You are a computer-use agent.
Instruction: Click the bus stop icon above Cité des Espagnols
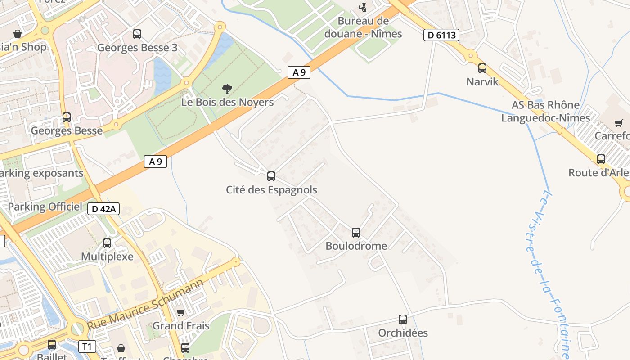click(271, 176)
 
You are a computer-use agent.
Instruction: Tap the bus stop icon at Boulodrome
click(356, 232)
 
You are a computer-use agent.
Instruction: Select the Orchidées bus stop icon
click(403, 319)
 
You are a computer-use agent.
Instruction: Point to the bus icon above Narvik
click(482, 68)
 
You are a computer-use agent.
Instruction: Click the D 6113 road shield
click(441, 35)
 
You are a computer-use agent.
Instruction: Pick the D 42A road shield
click(103, 209)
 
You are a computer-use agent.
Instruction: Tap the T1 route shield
click(87, 346)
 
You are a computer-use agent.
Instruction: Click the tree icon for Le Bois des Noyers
click(227, 89)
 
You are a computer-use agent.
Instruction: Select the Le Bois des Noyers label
click(227, 102)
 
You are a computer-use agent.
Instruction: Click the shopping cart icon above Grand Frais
click(181, 312)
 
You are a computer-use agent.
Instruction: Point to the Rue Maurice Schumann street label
click(146, 304)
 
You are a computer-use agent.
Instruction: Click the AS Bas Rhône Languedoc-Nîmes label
click(545, 111)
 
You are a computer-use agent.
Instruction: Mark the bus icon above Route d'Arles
click(601, 159)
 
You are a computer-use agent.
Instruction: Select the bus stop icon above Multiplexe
click(107, 243)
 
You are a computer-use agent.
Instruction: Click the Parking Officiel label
click(45, 207)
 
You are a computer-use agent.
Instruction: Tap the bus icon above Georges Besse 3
click(137, 34)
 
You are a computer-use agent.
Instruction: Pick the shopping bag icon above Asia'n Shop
click(18, 34)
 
